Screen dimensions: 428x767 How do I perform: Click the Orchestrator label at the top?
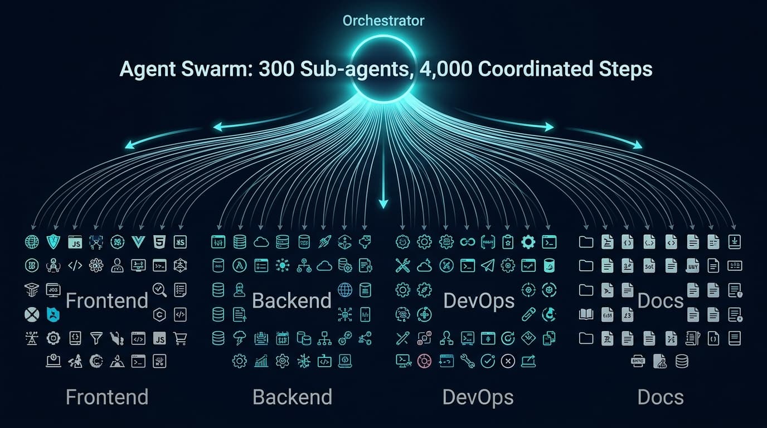pyautogui.click(x=383, y=21)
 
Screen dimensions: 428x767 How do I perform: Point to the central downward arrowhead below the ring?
pyautogui.click(x=383, y=204)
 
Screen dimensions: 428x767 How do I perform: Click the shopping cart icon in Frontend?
pyautogui.click(x=180, y=338)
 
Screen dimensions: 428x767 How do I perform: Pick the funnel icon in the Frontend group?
pyautogui.click(x=96, y=338)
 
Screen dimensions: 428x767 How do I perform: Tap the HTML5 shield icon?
pyautogui.click(x=159, y=242)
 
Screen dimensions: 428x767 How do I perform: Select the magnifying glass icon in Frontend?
pyautogui.click(x=159, y=289)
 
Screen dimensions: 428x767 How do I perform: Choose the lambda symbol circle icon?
pyautogui.click(x=239, y=266)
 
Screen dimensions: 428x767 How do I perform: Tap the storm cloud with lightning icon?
pyautogui.click(x=240, y=338)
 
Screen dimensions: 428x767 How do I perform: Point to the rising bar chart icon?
pyautogui.click(x=261, y=361)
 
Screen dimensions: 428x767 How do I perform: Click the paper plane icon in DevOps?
pyautogui.click(x=487, y=266)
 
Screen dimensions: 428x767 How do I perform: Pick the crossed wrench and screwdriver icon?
pyautogui.click(x=402, y=266)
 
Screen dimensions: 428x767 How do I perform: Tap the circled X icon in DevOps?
pyautogui.click(x=507, y=361)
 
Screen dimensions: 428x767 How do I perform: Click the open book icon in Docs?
pyautogui.click(x=586, y=314)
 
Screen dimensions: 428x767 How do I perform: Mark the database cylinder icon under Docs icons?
pyautogui.click(x=681, y=361)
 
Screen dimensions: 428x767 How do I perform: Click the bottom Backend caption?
pyautogui.click(x=292, y=397)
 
